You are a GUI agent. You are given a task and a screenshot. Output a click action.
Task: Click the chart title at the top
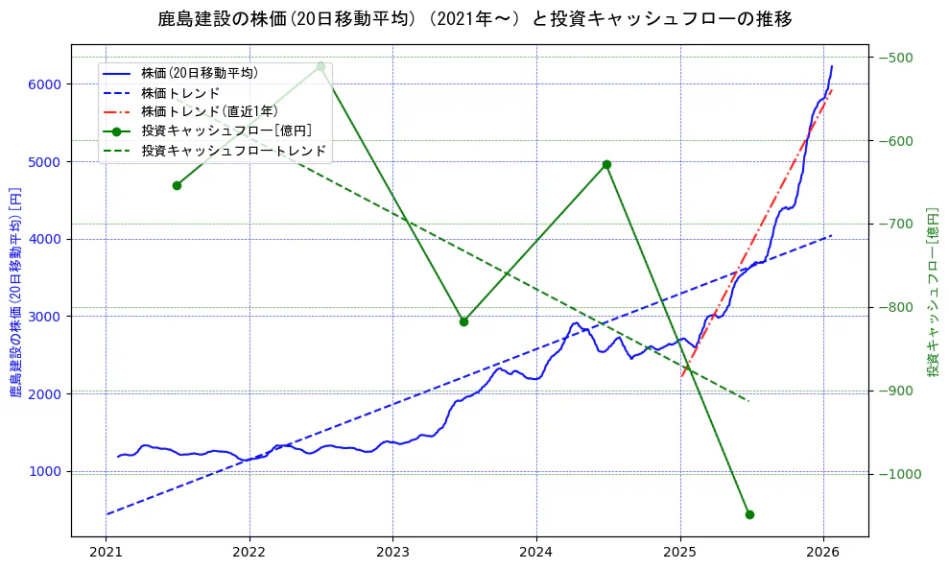coord(475,19)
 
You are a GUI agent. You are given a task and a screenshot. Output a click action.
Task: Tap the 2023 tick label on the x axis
coord(392,553)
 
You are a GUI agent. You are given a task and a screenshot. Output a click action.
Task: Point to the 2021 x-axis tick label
coord(106,553)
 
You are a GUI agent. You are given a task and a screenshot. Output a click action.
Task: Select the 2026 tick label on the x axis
coord(823,553)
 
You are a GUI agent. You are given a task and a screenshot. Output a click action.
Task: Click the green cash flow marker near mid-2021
coord(177,185)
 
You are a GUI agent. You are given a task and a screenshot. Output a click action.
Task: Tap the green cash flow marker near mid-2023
coord(463,321)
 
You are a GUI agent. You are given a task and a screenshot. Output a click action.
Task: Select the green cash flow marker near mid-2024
coord(606,164)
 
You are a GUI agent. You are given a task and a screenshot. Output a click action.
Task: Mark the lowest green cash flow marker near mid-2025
coord(749,514)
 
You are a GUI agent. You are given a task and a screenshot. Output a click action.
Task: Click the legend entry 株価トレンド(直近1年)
coord(211,111)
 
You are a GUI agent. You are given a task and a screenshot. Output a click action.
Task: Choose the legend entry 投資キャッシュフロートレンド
coord(233,151)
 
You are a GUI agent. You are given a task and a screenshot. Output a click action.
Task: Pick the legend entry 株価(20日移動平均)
coord(199,72)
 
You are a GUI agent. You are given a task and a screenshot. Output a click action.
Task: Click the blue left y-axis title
coord(14,292)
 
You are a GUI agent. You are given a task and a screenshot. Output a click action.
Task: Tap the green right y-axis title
coord(932,292)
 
